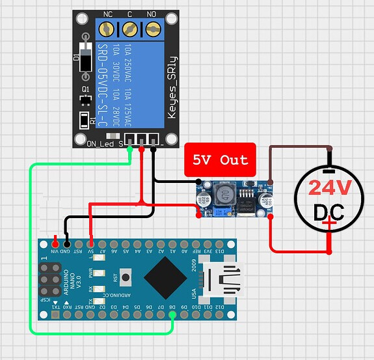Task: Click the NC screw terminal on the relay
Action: [107, 29]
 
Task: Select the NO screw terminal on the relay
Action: [153, 29]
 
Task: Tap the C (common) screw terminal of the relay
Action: [129, 29]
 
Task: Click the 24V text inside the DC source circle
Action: [330, 188]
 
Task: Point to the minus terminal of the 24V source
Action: [330, 156]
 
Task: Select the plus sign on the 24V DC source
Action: [331, 225]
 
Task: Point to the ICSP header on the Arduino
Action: [49, 279]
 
